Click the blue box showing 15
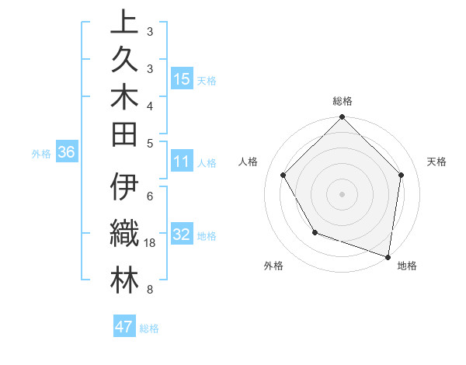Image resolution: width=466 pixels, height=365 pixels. (x=182, y=79)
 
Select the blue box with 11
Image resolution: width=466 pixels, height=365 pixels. (x=182, y=162)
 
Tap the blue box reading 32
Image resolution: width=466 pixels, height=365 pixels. (x=182, y=235)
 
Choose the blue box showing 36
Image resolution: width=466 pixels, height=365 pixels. (x=67, y=153)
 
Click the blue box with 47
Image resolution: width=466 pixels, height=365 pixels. (x=124, y=327)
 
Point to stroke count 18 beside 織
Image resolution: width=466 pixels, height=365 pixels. (x=151, y=244)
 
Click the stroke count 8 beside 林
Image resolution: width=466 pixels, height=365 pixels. (x=149, y=290)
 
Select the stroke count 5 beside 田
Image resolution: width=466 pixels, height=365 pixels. (x=149, y=143)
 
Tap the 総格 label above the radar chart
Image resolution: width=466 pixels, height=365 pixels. (x=342, y=102)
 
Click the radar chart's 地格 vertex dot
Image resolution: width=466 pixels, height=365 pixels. (x=388, y=256)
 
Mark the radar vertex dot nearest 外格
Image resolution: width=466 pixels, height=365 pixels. (x=315, y=231)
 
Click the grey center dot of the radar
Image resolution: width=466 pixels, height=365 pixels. (x=342, y=193)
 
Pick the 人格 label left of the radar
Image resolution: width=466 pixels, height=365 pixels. (x=249, y=162)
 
